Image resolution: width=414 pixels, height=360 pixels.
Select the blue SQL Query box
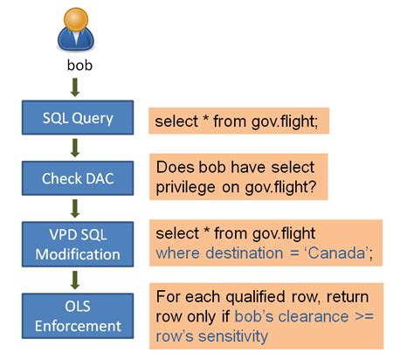77,118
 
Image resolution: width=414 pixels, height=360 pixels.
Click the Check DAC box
77,179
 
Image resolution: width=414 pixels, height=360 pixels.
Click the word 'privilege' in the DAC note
187,185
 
